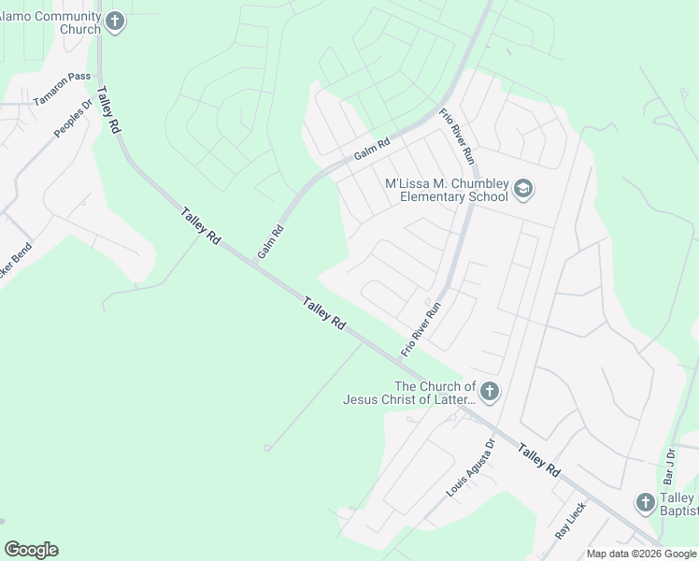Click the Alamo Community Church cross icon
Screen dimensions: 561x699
click(114, 22)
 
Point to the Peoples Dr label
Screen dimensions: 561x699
click(73, 119)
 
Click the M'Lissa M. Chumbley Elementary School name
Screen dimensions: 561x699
click(447, 190)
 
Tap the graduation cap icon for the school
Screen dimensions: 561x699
click(523, 190)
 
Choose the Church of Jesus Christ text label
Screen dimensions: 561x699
click(409, 393)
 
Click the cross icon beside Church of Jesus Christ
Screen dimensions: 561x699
click(490, 392)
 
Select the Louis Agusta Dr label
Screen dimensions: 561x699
click(469, 467)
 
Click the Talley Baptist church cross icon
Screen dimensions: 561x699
click(645, 503)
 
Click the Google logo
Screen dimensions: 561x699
click(31, 550)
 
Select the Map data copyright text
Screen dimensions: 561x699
click(640, 554)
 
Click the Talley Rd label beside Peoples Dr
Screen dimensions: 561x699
click(114, 113)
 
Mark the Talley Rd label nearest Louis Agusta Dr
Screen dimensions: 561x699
click(539, 460)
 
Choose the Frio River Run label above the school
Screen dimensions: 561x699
click(458, 137)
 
